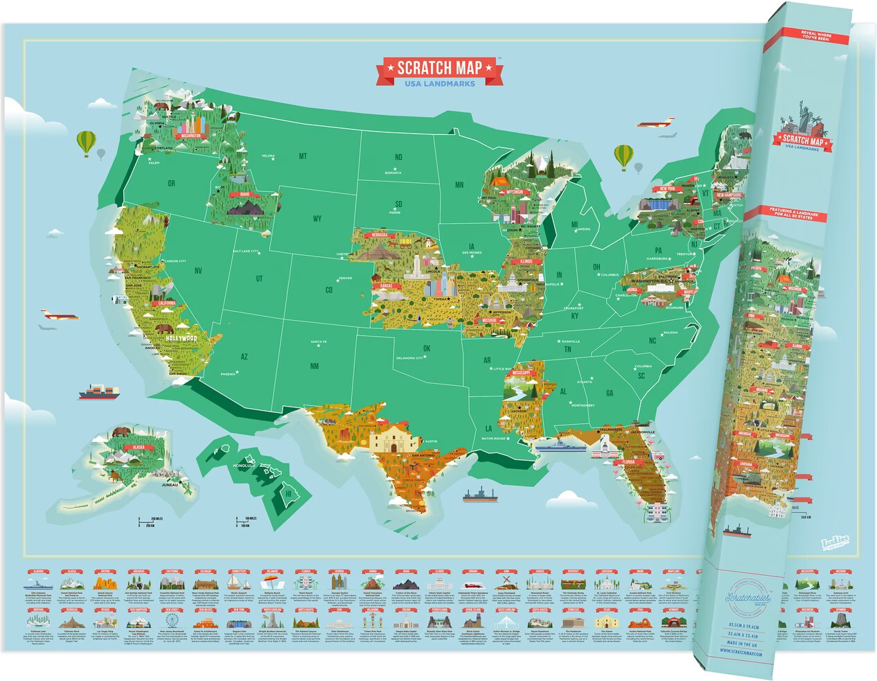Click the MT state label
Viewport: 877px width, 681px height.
(x=303, y=157)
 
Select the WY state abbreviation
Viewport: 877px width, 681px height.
(x=317, y=219)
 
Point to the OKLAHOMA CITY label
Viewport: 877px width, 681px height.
(x=409, y=358)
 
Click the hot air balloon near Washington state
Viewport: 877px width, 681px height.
(x=86, y=143)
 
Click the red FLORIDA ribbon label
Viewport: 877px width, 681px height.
(x=628, y=462)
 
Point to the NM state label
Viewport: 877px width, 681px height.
(x=315, y=366)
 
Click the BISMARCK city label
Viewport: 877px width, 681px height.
(x=393, y=173)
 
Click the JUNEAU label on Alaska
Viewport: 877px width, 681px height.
(x=170, y=485)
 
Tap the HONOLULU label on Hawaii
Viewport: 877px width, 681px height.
(x=245, y=466)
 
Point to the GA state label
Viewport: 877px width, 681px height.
(x=610, y=393)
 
